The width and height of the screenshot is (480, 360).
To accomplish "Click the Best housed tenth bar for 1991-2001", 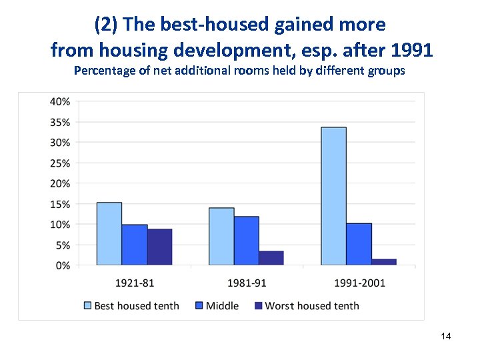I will [333, 196].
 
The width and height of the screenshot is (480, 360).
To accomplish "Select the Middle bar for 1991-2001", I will [359, 244].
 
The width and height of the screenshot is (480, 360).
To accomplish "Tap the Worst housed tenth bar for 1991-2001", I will [384, 262].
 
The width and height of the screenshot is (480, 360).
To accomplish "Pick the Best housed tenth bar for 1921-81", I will [109, 233].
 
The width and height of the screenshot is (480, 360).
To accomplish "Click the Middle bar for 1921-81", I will [135, 245].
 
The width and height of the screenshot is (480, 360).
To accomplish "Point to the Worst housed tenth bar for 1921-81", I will [159, 247].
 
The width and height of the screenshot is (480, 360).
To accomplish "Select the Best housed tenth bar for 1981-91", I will [221, 236].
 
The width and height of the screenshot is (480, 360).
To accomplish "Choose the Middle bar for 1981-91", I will [247, 241].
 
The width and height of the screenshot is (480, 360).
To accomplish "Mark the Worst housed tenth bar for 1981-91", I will [271, 258].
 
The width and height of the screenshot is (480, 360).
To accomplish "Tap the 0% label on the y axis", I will [63, 265].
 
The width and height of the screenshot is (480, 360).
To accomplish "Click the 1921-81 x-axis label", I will [135, 283].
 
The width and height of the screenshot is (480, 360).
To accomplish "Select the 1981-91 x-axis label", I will [247, 283].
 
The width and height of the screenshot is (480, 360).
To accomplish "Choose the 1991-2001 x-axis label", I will [359, 283].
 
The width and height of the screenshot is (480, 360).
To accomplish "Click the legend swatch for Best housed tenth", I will [87, 306].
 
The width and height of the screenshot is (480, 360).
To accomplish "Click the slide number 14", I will [446, 337].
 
